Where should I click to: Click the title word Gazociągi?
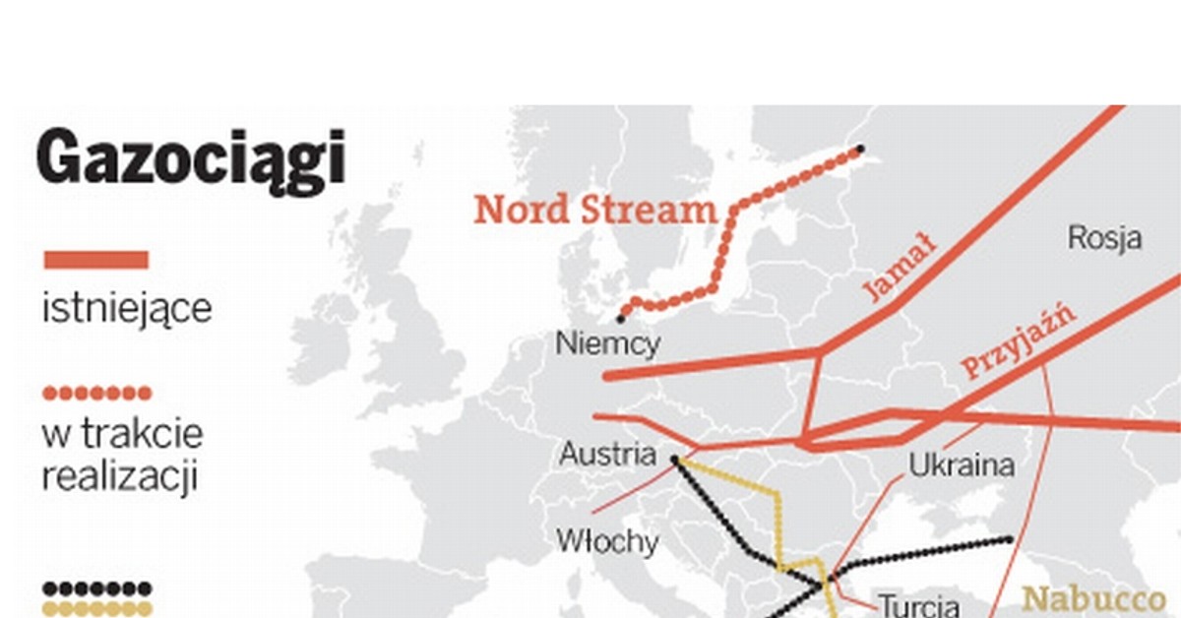pyautogui.click(x=192, y=157)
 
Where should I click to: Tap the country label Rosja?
pyautogui.click(x=1104, y=238)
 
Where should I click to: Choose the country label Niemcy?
pyautogui.click(x=608, y=344)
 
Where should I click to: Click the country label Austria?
pyautogui.click(x=607, y=455)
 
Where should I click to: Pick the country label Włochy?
pyautogui.click(x=607, y=541)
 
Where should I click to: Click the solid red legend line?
pyautogui.click(x=96, y=261)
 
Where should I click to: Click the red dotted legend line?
pyautogui.click(x=96, y=394)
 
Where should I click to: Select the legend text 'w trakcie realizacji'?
pyautogui.click(x=122, y=456)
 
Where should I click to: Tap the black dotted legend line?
pyautogui.click(x=96, y=588)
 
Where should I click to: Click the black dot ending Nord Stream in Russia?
pyautogui.click(x=861, y=150)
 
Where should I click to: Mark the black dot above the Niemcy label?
pyautogui.click(x=621, y=319)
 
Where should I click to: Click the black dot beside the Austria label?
pyautogui.click(x=675, y=459)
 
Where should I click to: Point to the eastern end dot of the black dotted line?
pyautogui.click(x=1010, y=539)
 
